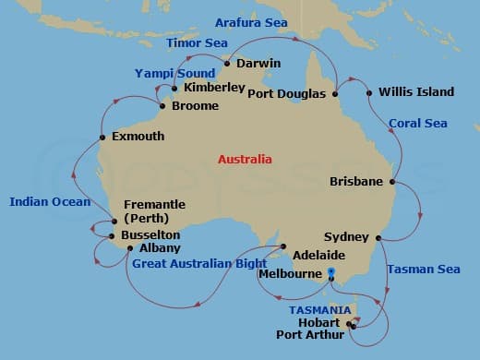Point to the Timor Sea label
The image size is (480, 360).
[x=196, y=42]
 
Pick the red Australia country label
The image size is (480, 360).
[x=245, y=159]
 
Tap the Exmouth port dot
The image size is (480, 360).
[x=102, y=138]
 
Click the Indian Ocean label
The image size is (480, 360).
[x=50, y=201]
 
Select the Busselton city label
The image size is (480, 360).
[x=150, y=235]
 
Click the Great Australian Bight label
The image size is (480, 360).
[x=193, y=263]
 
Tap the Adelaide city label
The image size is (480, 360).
[x=318, y=255]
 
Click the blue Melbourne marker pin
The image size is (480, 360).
[x=331, y=272]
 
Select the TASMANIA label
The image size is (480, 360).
[x=319, y=309]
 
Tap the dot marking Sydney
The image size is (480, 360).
[x=378, y=237]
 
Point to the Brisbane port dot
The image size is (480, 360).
[x=392, y=183]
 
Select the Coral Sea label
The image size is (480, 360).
[x=417, y=123]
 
